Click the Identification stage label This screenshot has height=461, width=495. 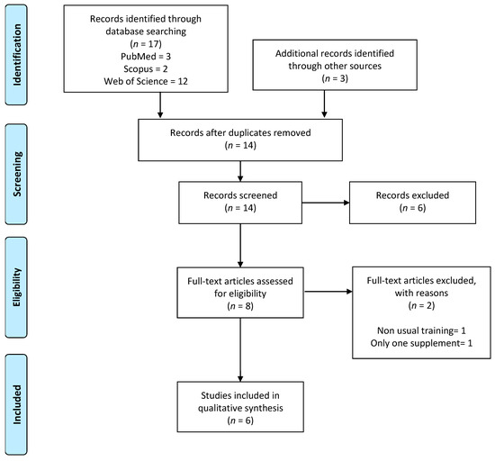(17, 55)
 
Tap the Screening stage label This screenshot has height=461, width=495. (17, 174)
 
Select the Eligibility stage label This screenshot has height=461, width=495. (17, 287)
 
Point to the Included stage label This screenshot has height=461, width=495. (17, 404)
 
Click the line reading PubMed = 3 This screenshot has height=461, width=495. (146, 56)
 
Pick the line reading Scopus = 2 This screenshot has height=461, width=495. (146, 68)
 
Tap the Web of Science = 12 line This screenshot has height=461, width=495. (146, 81)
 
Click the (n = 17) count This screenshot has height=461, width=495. (146, 43)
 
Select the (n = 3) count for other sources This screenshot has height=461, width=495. (335, 78)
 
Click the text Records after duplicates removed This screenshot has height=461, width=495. (240, 132)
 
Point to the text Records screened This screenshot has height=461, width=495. (240, 195)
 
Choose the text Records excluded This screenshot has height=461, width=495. (412, 195)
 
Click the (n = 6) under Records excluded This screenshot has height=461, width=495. (412, 208)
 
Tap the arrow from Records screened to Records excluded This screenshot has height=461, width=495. (326, 203)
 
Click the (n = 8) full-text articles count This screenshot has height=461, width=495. (240, 306)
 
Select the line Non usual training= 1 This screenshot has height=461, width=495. (421, 330)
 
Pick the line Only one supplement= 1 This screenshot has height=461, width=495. (421, 343)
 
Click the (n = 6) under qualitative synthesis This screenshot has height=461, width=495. (240, 420)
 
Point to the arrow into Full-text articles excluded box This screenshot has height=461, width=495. (328, 292)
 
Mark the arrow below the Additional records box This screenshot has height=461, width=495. (324, 104)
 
